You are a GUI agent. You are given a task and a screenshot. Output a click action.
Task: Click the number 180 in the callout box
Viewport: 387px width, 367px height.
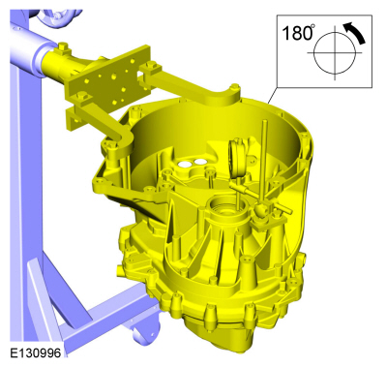point(296,33)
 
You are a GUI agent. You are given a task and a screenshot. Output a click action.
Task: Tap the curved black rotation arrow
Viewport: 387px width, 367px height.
point(355,32)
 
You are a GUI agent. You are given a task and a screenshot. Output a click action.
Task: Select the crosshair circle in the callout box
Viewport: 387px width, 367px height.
point(335,52)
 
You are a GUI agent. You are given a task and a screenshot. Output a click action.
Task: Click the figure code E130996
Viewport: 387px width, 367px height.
point(35,352)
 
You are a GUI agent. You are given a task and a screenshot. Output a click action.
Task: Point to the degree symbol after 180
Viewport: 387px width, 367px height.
point(313,27)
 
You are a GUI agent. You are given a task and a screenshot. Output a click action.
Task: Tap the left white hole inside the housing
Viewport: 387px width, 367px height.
point(185,165)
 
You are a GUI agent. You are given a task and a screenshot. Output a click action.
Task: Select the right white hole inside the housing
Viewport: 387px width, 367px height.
point(200,161)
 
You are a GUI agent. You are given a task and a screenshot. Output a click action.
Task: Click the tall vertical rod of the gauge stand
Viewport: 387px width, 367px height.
point(265,163)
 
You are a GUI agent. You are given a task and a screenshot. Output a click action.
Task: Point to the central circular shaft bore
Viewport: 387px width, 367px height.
point(225,208)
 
